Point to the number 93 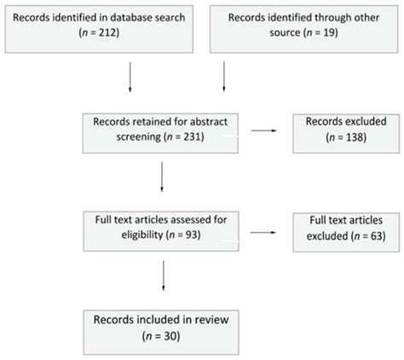tap(176, 235)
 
